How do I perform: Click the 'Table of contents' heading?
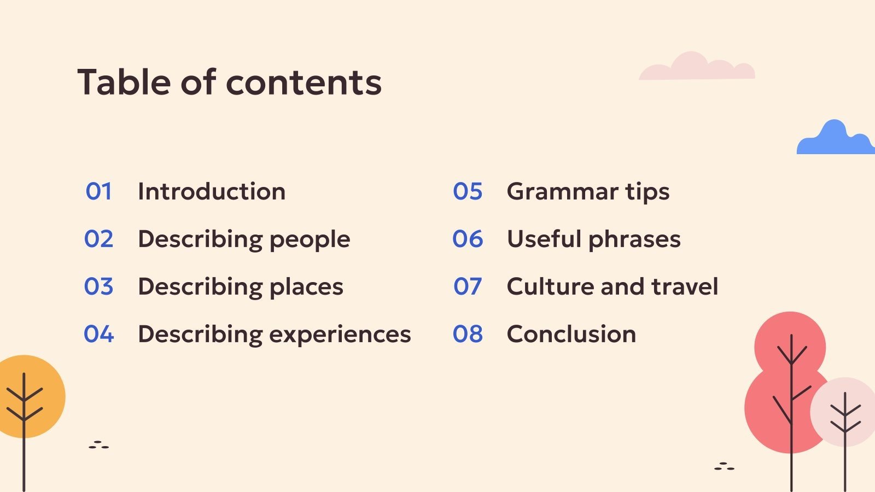coord(229,82)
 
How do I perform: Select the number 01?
coord(99,191)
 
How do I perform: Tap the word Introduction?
coord(212,191)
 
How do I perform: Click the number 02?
coord(99,239)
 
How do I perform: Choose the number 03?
coord(99,286)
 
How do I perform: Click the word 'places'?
coord(306,288)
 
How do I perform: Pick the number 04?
coord(99,334)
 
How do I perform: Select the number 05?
coord(468,191)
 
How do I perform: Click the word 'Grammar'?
coord(563,191)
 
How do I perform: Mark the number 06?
coord(468,239)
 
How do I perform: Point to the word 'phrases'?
coord(634,240)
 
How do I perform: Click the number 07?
coord(468,286)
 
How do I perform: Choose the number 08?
coord(468,334)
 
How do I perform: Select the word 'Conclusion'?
coord(571,334)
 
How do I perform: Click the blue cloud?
coord(836,140)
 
